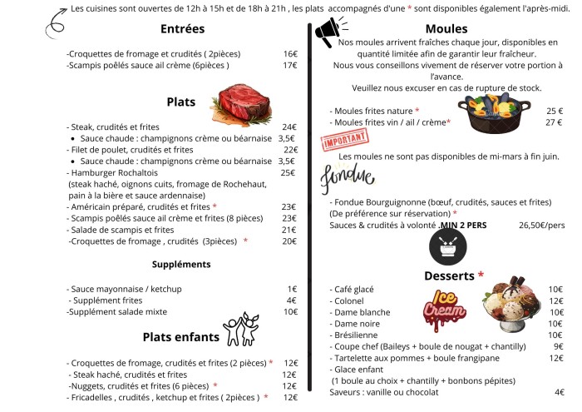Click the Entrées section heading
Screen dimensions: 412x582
(x=183, y=29)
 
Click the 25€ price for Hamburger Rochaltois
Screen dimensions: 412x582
(x=289, y=173)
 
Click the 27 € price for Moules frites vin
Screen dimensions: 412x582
(x=554, y=122)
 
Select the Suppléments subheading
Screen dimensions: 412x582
(x=181, y=265)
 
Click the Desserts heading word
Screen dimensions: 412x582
(x=448, y=275)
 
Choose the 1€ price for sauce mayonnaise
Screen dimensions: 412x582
(x=292, y=289)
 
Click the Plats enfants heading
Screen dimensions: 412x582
(x=180, y=337)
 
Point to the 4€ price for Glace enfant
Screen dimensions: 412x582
(x=559, y=392)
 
